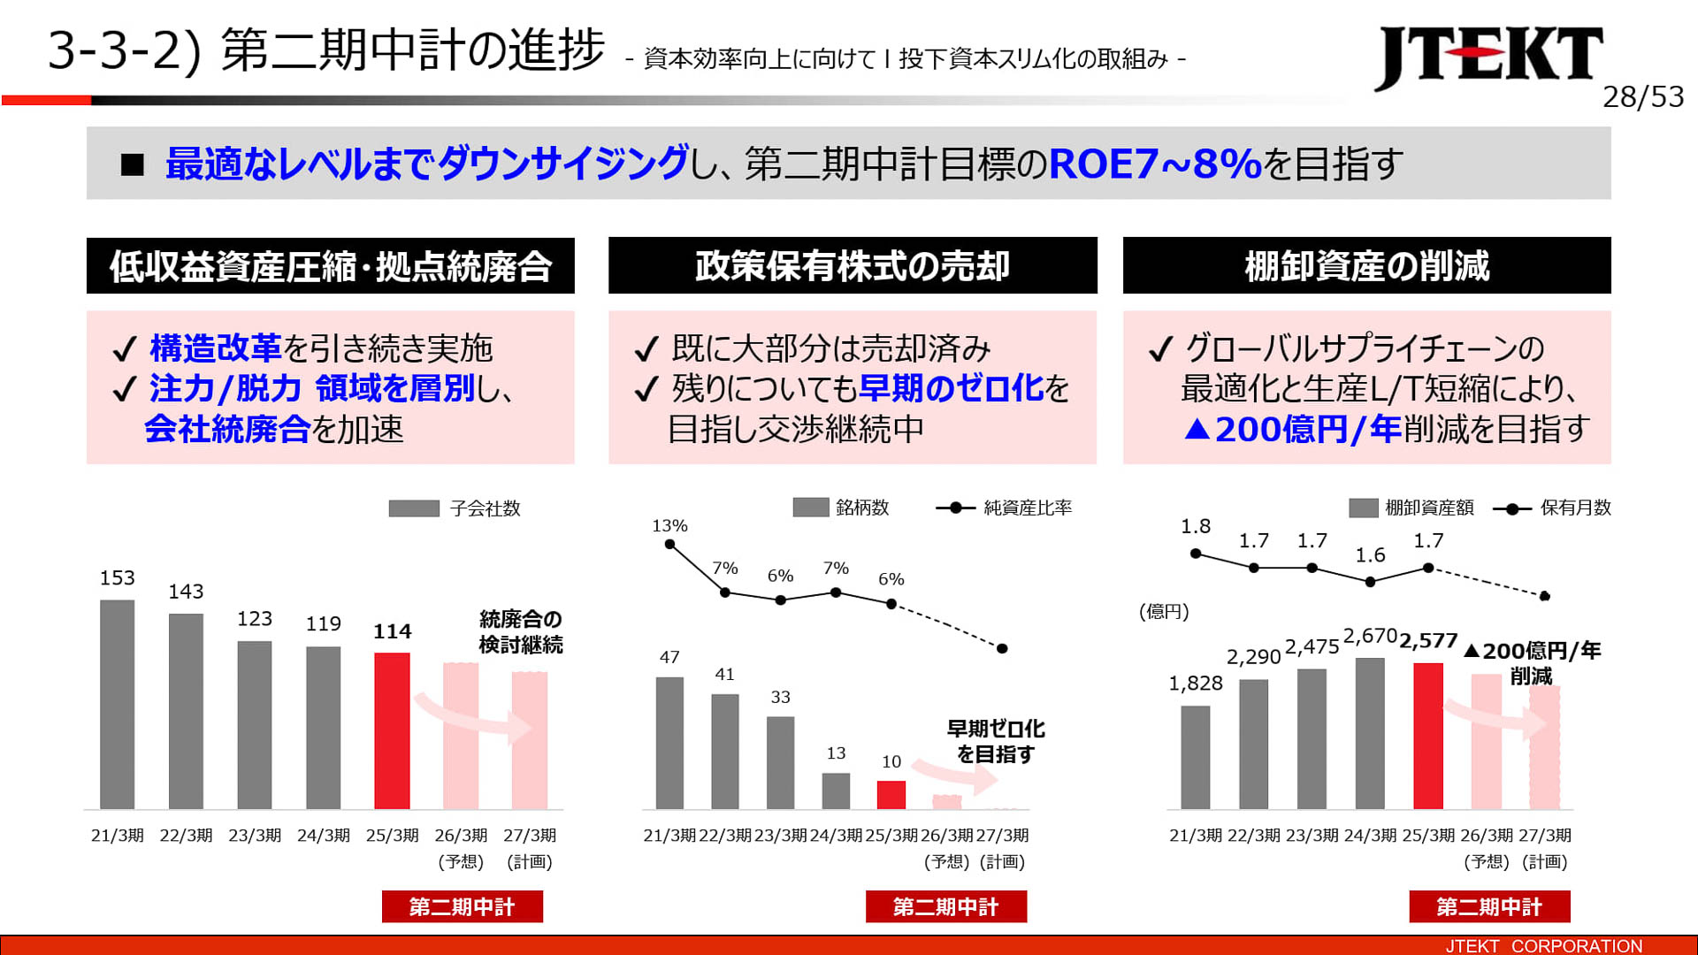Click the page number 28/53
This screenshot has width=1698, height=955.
click(1642, 96)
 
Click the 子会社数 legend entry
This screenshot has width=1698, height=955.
click(455, 508)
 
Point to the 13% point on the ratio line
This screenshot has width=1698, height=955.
click(669, 545)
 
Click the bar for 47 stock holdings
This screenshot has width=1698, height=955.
click(669, 743)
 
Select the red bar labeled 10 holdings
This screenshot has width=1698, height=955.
click(891, 794)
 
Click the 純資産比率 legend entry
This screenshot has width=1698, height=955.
click(1004, 508)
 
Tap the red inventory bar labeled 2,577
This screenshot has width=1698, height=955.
click(1427, 736)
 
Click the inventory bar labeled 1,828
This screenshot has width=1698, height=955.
click(1195, 757)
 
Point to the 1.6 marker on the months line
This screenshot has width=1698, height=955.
click(1370, 582)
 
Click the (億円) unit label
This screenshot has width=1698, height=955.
click(1164, 612)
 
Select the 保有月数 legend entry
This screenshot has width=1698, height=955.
click(1552, 508)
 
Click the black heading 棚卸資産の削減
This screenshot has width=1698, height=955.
click(1366, 265)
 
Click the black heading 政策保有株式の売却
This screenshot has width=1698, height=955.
click(852, 265)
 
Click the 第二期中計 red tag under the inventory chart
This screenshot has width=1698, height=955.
click(1489, 906)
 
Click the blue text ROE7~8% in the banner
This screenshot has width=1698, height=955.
click(1154, 164)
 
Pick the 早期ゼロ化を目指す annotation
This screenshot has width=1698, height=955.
click(996, 741)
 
